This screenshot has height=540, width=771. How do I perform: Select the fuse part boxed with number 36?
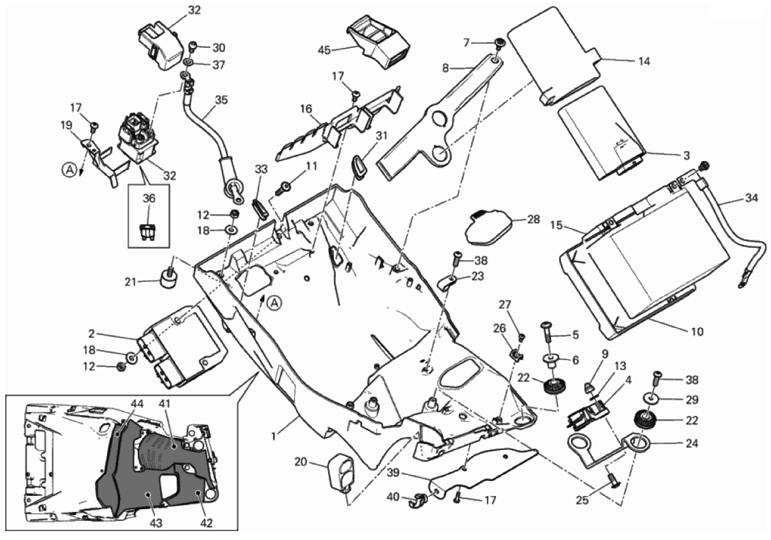148,231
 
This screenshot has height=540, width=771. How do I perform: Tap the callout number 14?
643,60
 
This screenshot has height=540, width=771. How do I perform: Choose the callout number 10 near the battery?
696,332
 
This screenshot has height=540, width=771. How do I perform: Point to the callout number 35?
220,100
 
